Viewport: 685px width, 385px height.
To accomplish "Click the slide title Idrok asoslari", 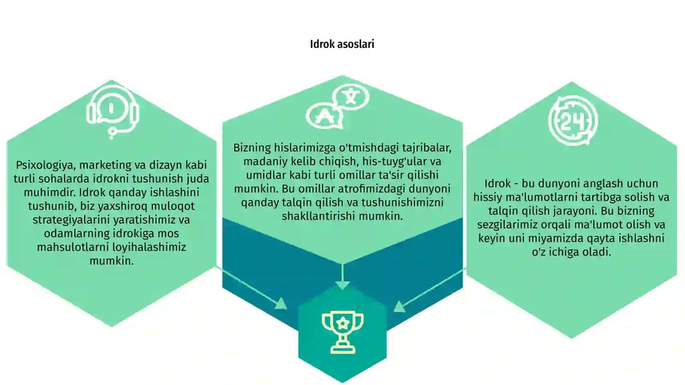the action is coord(342,44).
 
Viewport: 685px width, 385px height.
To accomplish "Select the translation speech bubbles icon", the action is coord(338,106).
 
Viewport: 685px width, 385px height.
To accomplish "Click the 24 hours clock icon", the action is coord(573,120).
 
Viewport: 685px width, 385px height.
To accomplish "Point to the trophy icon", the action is coord(342,332).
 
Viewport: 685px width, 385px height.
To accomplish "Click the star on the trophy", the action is coord(343,323).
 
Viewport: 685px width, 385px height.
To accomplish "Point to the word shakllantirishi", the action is coord(319,216).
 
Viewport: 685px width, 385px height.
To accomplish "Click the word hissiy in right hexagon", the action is coord(488,197).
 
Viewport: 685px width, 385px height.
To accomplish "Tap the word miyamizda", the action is coord(557,238).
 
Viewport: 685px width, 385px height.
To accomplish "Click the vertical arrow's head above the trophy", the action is coord(342,285).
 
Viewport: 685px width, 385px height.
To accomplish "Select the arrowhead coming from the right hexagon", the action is coord(399,306).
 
